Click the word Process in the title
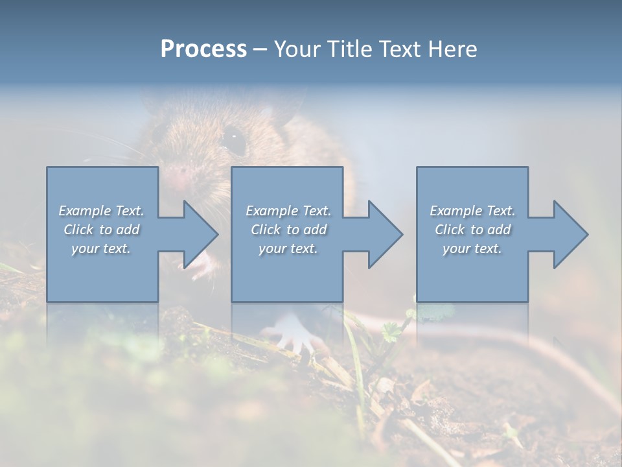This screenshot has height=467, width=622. tap(203, 49)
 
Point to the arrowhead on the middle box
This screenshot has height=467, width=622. tap(384, 234)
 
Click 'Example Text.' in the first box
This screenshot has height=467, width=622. tap(101, 211)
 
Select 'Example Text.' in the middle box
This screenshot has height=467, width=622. tap(288, 211)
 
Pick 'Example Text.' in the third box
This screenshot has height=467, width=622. tap(472, 211)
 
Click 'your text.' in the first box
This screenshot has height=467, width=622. tap(101, 248)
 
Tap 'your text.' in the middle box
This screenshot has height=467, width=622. tap(288, 248)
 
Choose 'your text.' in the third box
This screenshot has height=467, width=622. tap(472, 248)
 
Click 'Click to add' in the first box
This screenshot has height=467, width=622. tap(101, 230)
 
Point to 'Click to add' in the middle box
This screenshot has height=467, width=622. tap(288, 230)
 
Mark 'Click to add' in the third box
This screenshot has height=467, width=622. tap(472, 230)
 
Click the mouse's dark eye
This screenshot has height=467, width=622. tap(234, 138)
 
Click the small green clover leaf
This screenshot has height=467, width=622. tap(391, 331)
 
